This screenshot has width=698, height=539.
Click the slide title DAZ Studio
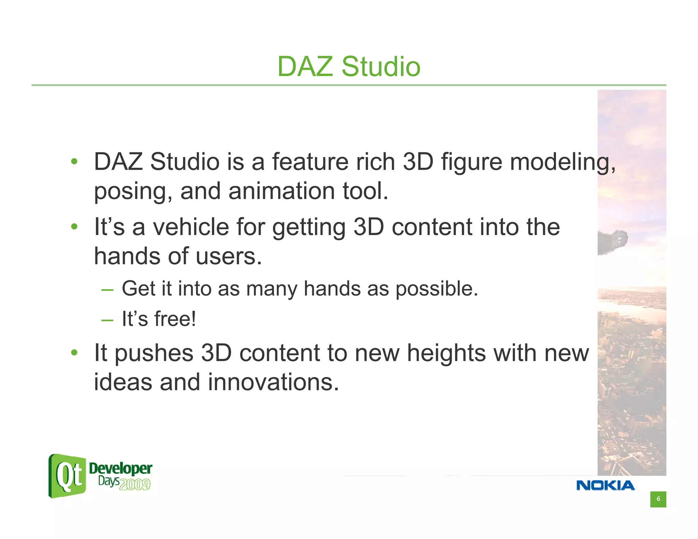click(x=349, y=66)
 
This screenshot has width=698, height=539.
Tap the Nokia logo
click(x=605, y=486)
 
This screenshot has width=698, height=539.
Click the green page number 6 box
click(x=658, y=499)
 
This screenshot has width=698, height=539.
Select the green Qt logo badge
click(x=67, y=476)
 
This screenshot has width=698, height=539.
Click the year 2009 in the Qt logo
click(x=135, y=484)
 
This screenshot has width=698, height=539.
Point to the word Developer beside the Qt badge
click(x=120, y=468)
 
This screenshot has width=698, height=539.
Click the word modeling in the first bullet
click(x=562, y=162)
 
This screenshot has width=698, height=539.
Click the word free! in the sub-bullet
click(x=175, y=319)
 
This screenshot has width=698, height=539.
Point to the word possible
click(x=437, y=289)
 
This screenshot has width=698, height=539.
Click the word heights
click(x=446, y=353)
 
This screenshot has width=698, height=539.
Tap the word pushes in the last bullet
click(x=154, y=354)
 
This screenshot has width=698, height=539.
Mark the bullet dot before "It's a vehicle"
click(x=74, y=227)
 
